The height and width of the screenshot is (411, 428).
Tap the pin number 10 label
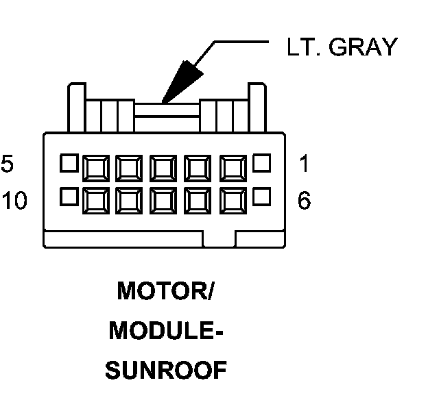(x=14, y=201)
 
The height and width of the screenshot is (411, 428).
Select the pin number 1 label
(x=305, y=164)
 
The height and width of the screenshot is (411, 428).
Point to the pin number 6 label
(x=305, y=201)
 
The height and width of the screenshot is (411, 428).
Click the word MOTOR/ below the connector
(x=165, y=291)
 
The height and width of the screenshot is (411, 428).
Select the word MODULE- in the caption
(x=165, y=331)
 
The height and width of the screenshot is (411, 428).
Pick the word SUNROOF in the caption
(x=165, y=371)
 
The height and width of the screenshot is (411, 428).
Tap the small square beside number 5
(x=68, y=163)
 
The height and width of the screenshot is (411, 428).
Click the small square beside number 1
(x=262, y=163)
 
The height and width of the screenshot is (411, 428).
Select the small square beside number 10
(x=68, y=197)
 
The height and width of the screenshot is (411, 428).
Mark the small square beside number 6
(x=262, y=197)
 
